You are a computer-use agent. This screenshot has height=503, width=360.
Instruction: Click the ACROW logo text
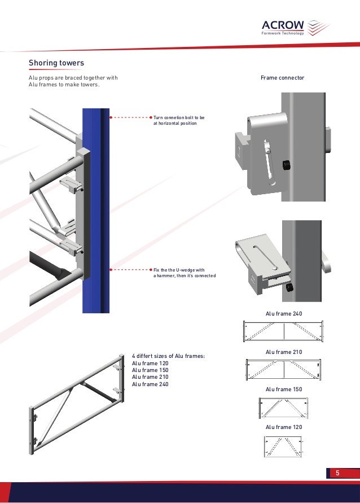(x=283, y=25)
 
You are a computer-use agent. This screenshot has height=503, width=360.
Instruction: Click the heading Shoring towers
(x=56, y=63)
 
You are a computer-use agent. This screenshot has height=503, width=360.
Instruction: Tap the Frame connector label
(x=282, y=77)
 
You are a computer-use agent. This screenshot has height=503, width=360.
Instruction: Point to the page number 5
(x=337, y=473)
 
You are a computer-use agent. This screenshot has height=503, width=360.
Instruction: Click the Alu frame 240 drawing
(x=284, y=331)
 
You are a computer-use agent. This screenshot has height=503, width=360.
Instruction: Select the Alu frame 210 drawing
(x=284, y=370)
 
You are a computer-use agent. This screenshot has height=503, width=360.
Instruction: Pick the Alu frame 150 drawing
(x=283, y=408)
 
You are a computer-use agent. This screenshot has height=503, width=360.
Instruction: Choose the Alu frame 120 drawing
(x=284, y=446)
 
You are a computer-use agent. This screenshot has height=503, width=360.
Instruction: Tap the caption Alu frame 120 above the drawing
(x=284, y=427)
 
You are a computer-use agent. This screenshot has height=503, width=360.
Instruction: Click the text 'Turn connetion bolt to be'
(x=179, y=117)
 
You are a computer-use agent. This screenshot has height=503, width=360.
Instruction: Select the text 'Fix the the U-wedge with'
(x=178, y=269)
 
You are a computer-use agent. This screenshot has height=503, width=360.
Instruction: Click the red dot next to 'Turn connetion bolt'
(x=151, y=117)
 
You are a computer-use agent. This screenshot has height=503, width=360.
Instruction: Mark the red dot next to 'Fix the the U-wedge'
(x=151, y=270)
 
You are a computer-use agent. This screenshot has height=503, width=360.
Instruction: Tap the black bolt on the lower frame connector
(x=289, y=288)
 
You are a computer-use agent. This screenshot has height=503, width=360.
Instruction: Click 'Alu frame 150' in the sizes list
(x=150, y=370)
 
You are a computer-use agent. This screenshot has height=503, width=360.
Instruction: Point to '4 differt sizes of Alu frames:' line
(x=168, y=356)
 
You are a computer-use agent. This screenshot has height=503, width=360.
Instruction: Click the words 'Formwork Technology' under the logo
(x=283, y=33)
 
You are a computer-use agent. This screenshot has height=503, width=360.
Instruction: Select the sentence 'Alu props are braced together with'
(x=73, y=77)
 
